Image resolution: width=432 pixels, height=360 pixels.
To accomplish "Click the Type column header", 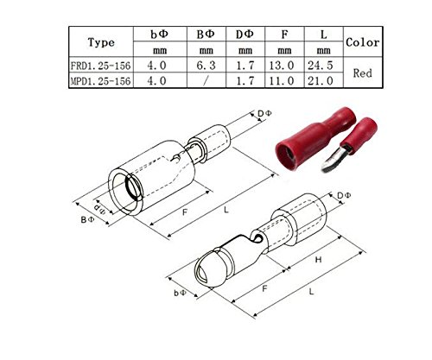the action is coord(101,42).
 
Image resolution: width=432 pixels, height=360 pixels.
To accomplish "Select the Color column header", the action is coord(363,42).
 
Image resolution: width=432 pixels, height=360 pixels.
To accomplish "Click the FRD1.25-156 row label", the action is coord(100,66).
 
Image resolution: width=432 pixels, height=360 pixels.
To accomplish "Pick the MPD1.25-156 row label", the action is coord(100,81).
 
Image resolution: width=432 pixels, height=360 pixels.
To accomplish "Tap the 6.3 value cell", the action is coord(206,66).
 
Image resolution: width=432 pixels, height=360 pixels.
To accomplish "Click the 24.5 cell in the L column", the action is coord(321,66).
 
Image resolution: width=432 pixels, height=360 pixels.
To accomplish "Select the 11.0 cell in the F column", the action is coord(282,81).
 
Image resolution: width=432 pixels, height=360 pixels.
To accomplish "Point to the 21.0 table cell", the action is coord(321,81).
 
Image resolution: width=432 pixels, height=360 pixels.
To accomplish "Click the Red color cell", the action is coord(363,73).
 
